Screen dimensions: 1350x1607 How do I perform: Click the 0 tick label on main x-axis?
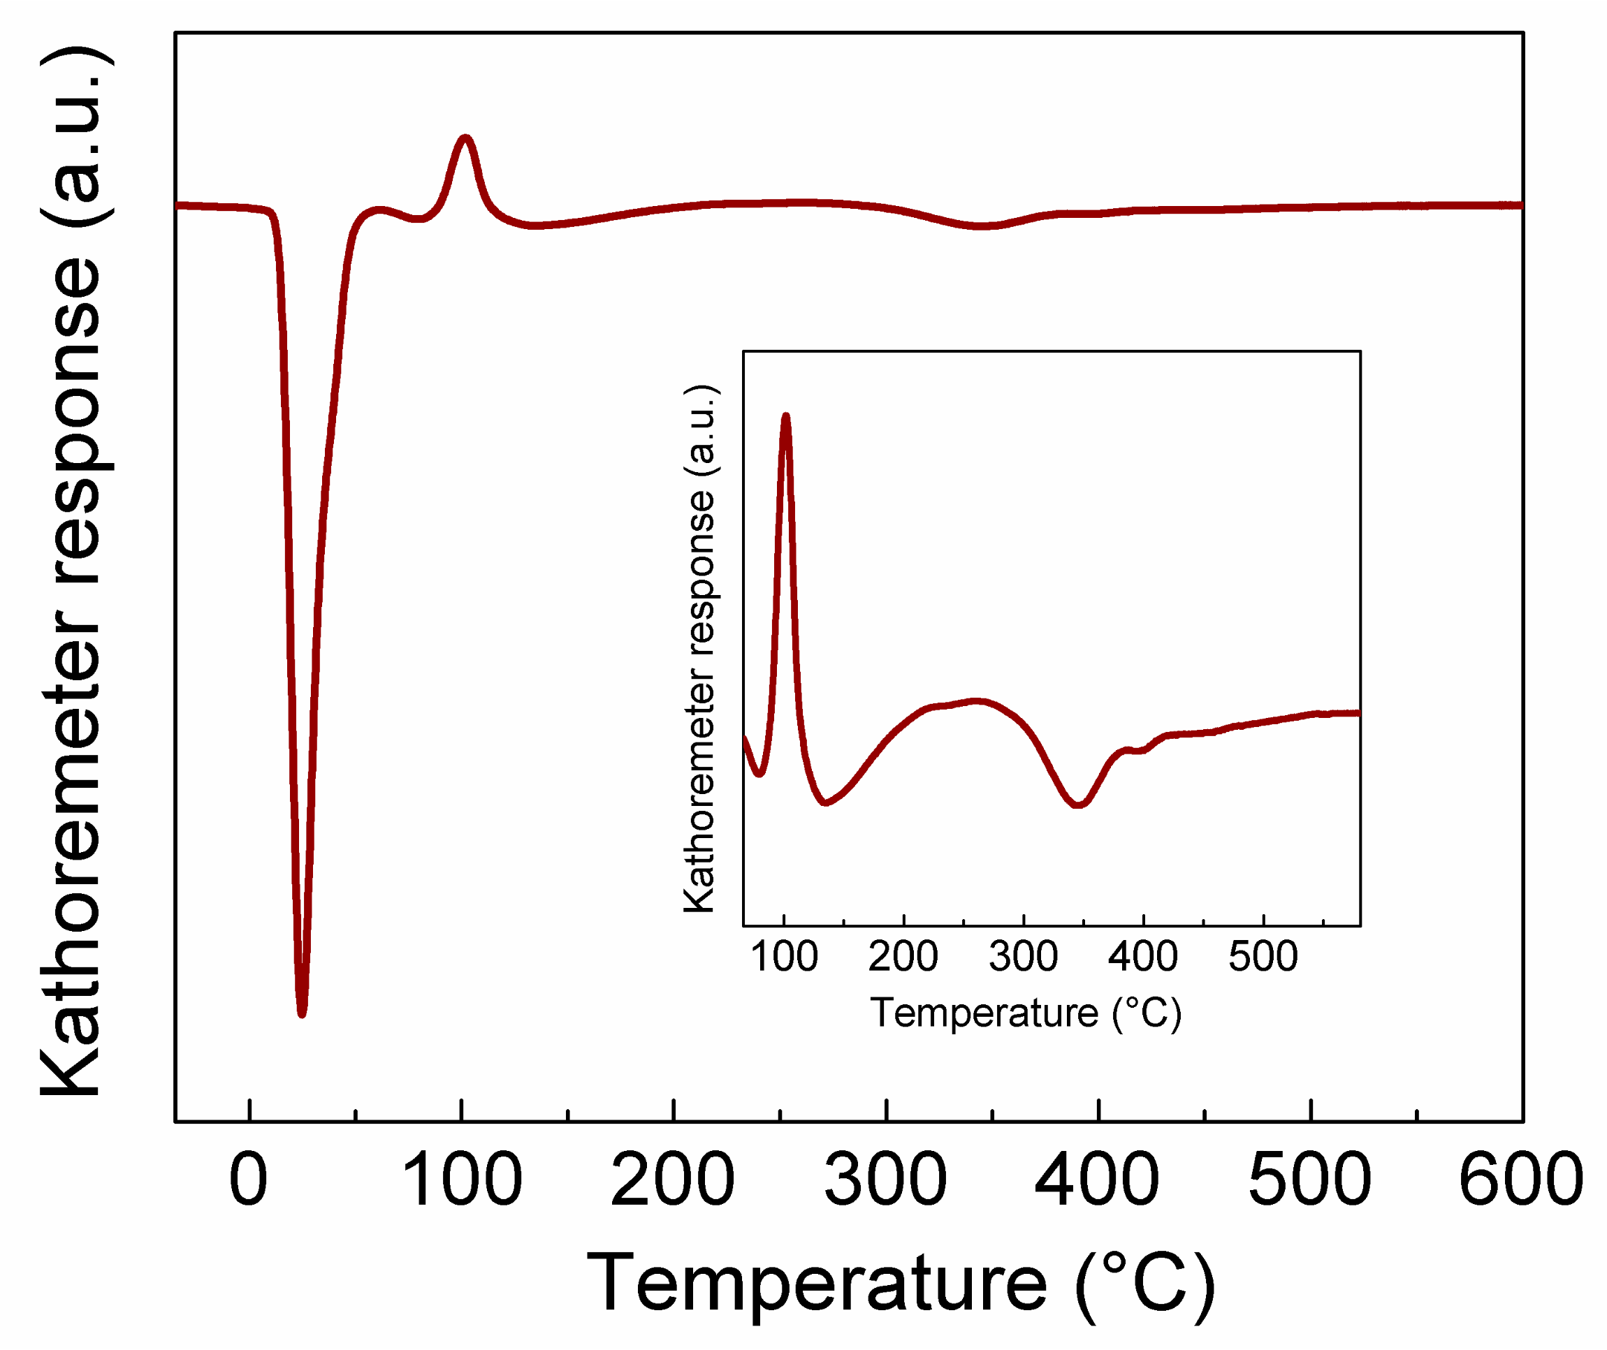pyautogui.click(x=249, y=1180)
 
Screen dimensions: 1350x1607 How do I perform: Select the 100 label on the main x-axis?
pyautogui.click(x=462, y=1180)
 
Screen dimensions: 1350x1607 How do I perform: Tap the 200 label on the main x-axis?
pyautogui.click(x=673, y=1180)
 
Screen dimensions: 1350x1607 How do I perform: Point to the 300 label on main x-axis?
pyautogui.click(x=886, y=1180)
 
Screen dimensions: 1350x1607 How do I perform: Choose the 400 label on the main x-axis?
pyautogui.click(x=1097, y=1180)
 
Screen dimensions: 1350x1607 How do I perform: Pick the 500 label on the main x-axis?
pyautogui.click(x=1310, y=1180)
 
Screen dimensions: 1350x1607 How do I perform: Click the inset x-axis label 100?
pyautogui.click(x=785, y=957)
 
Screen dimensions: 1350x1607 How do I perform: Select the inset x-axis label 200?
pyautogui.click(x=903, y=957)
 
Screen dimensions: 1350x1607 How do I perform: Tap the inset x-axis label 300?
pyautogui.click(x=1024, y=957)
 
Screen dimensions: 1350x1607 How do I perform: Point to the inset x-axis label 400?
pyautogui.click(x=1143, y=957)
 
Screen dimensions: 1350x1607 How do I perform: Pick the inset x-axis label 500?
pyautogui.click(x=1263, y=957)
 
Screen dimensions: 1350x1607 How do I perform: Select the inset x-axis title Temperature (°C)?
pyautogui.click(x=1026, y=1013)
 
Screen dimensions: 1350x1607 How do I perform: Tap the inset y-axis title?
pyautogui.click(x=700, y=648)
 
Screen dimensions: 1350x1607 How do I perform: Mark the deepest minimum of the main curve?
pyautogui.click(x=302, y=1014)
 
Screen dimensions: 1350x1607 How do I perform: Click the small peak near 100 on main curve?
pyautogui.click(x=465, y=138)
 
